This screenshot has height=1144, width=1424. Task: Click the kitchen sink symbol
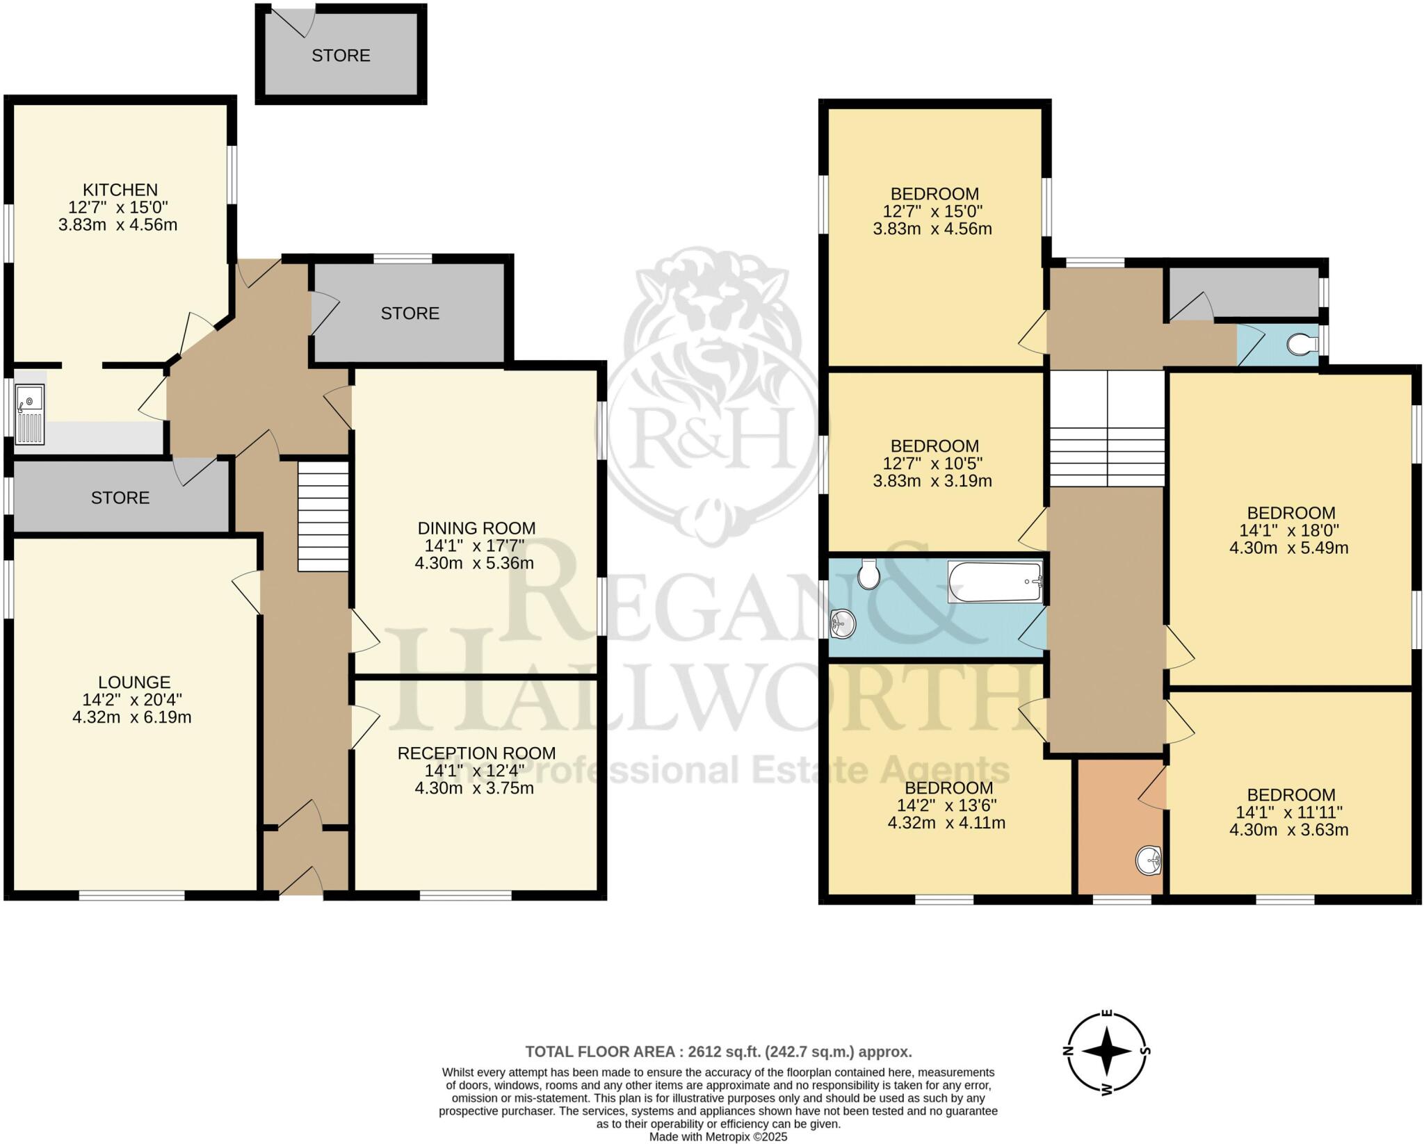(29, 416)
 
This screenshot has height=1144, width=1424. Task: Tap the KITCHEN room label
(120, 190)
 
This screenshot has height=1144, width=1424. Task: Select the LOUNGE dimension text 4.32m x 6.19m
(132, 717)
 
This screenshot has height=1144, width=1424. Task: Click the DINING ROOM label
(476, 528)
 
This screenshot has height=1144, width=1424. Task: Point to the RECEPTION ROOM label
(476, 753)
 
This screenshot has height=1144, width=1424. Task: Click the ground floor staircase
(323, 516)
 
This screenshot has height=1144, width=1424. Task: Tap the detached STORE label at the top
(341, 56)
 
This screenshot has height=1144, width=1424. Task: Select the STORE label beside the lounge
(120, 498)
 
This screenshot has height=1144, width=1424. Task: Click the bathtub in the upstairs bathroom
(995, 582)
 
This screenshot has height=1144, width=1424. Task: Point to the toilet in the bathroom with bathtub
(868, 573)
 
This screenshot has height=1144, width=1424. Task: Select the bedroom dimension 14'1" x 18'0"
(1290, 530)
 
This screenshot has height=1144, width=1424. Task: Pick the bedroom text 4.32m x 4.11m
(946, 823)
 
